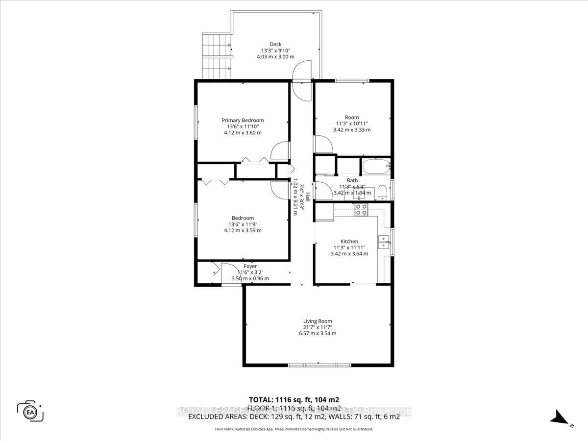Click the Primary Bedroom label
pos(243,121)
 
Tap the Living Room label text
pos(317,321)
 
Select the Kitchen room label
pos(349,242)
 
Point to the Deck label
pos(275,45)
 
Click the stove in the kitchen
pos(361,210)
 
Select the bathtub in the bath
pos(376,167)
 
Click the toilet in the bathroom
pos(383,192)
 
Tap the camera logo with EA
pos(30,411)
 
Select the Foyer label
pos(250,267)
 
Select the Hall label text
pos(308,197)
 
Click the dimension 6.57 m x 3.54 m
pos(317,334)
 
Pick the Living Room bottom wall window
pos(319,365)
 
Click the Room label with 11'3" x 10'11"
pos(351,118)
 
